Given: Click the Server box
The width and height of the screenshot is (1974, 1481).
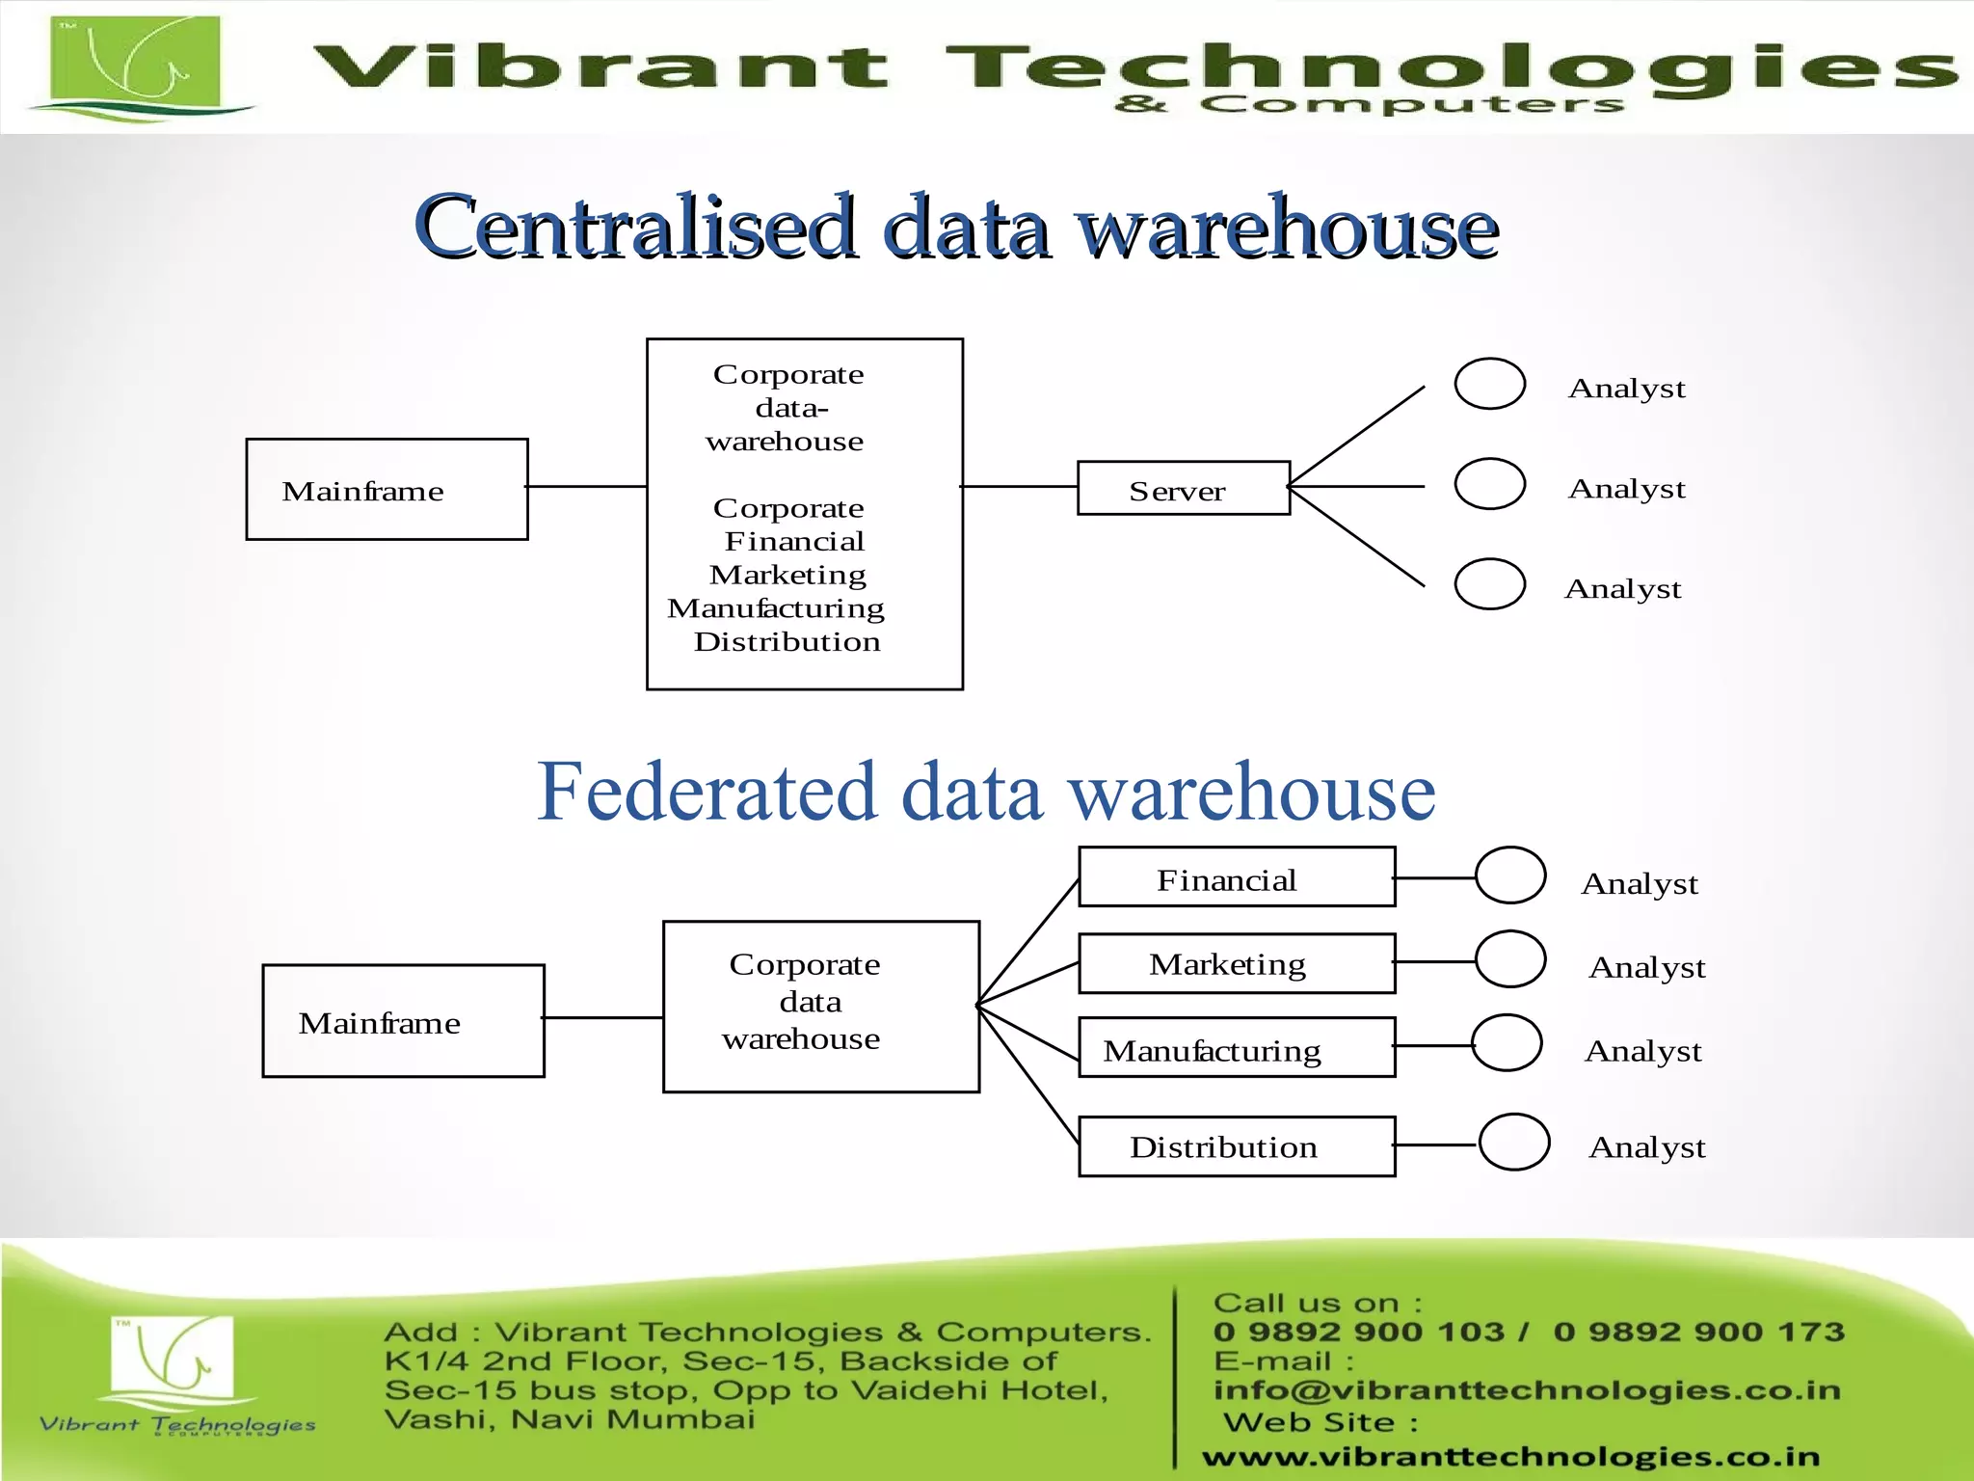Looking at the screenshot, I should [x=1183, y=488].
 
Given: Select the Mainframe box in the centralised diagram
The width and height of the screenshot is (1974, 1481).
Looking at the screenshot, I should [x=387, y=489].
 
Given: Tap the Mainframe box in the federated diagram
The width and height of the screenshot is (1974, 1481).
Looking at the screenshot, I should [x=403, y=1020].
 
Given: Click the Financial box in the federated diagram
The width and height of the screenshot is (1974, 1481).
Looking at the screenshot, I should [x=1236, y=877].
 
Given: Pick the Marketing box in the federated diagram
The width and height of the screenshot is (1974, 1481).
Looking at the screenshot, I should [x=1236, y=963].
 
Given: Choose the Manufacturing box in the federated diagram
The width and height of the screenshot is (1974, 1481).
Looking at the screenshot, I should [x=1236, y=1047].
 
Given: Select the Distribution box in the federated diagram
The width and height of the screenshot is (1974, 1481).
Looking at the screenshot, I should [x=1236, y=1146].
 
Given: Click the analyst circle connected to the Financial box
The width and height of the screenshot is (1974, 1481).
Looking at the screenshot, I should [x=1510, y=875].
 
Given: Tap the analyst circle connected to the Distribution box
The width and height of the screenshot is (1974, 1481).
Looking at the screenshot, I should [x=1513, y=1143].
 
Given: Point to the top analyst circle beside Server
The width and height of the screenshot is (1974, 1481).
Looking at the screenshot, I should [x=1489, y=384].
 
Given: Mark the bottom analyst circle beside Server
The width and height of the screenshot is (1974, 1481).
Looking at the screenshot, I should [x=1489, y=584].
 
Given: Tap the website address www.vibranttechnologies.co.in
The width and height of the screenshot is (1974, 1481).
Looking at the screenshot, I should [x=1510, y=1457].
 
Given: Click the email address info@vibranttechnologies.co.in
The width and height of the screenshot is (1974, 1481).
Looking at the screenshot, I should [x=1527, y=1389].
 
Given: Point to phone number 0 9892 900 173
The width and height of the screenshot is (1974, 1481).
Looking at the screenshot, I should [x=1698, y=1332].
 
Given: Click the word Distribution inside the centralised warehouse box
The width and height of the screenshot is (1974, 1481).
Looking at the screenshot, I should [x=787, y=642].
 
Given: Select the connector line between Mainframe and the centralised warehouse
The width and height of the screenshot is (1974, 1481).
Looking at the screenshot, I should [x=587, y=487].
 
